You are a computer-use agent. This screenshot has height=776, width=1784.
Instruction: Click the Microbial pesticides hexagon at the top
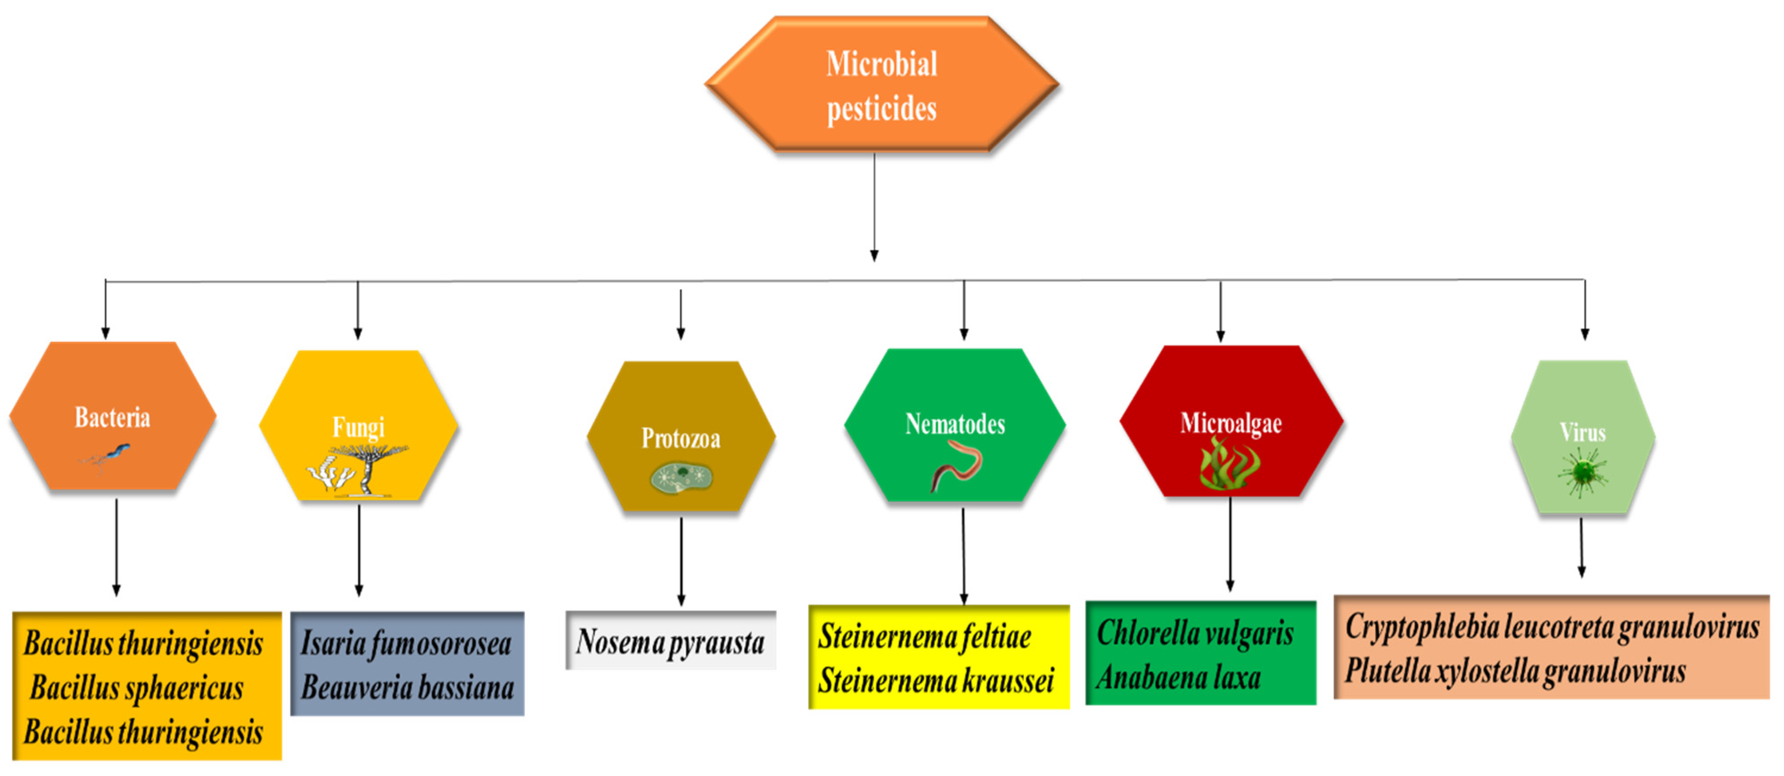pyautogui.click(x=881, y=85)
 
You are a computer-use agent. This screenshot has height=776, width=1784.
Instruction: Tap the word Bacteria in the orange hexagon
pyautogui.click(x=112, y=417)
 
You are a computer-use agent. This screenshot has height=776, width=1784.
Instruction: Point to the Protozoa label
pyautogui.click(x=681, y=438)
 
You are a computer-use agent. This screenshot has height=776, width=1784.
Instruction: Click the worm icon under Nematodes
pyautogui.click(x=956, y=466)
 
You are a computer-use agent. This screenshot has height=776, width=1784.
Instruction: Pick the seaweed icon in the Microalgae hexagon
pyautogui.click(x=1230, y=464)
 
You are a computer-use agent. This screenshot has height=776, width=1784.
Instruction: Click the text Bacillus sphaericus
pyautogui.click(x=136, y=688)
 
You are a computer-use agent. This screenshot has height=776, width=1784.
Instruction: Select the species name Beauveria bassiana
pyautogui.click(x=407, y=688)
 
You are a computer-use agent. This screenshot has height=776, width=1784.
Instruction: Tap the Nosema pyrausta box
pyautogui.click(x=670, y=641)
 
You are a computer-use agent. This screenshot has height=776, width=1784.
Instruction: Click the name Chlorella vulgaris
pyautogui.click(x=1195, y=633)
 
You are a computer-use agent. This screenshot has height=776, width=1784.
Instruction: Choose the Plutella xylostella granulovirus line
pyautogui.click(x=1515, y=671)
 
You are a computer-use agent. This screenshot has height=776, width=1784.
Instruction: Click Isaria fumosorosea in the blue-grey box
pyautogui.click(x=406, y=644)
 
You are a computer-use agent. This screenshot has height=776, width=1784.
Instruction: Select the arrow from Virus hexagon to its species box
pyautogui.click(x=1581, y=547)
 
